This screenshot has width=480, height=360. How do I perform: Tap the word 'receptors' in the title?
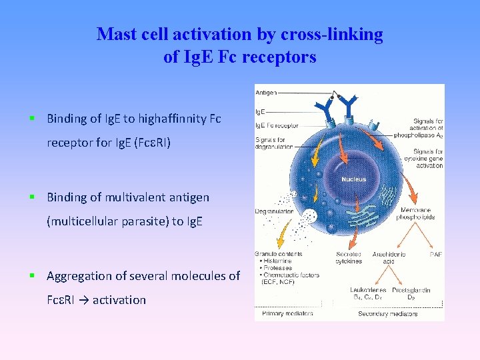tap(279, 57)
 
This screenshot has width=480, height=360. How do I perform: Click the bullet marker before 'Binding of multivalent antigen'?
tap(31, 197)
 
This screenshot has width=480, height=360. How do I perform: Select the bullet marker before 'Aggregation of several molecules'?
tap(31, 275)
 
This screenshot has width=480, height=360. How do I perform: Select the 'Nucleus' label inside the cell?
tap(353, 179)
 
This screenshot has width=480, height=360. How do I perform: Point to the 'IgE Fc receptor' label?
tap(276, 125)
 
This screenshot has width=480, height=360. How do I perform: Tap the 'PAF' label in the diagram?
tap(435, 254)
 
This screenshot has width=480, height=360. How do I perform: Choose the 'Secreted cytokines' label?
tap(349, 257)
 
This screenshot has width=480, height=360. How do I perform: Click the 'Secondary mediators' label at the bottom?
tap(387, 313)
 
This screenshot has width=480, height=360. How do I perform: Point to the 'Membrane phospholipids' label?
tap(417, 213)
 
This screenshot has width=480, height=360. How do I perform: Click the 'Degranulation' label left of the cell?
tap(274, 211)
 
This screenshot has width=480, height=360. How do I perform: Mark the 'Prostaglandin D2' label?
tap(411, 293)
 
